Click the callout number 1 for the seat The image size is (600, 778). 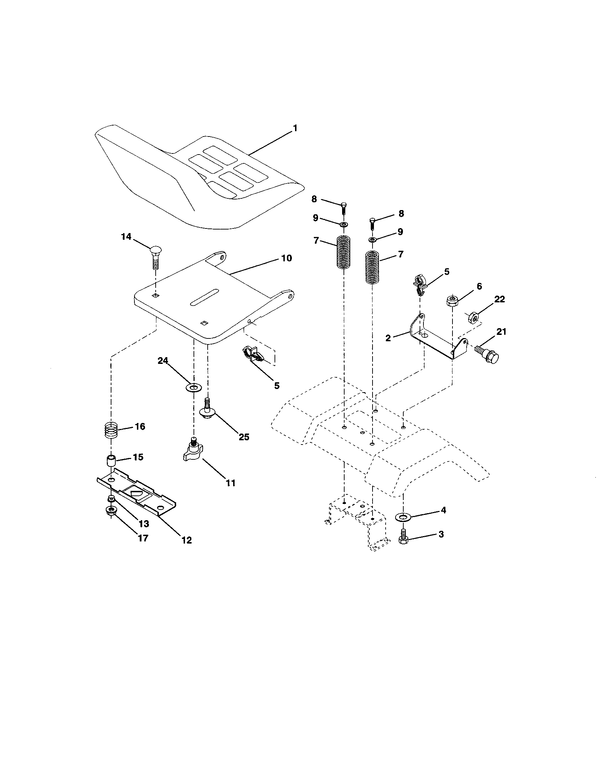point(295,129)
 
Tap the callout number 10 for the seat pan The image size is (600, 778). point(287,258)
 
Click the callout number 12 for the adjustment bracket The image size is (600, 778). point(186,540)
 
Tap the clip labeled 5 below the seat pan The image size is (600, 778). point(253,355)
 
